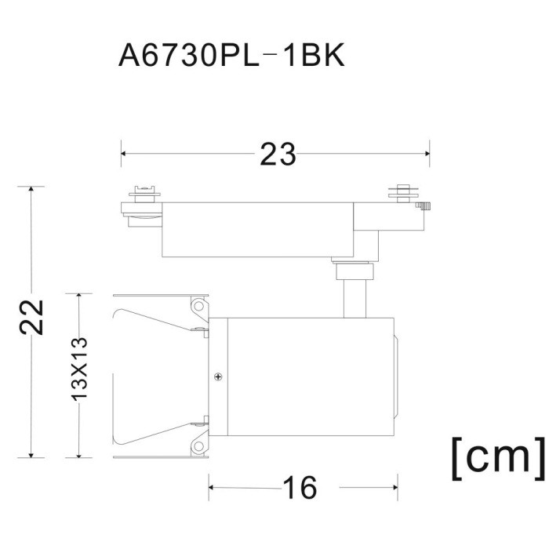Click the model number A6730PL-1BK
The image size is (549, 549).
coord(232,56)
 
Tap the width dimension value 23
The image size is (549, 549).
coord(278,154)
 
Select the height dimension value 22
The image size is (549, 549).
coord(32,317)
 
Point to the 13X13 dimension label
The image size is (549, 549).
coord(79,369)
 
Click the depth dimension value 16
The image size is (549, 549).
coord(300,488)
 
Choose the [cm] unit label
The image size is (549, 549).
coord(499,459)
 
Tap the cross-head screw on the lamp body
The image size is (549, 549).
coord(219,376)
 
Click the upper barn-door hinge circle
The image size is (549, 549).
coord(199,307)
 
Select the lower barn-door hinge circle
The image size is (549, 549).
coord(199,446)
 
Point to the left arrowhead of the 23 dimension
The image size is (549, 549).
coord(123,154)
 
